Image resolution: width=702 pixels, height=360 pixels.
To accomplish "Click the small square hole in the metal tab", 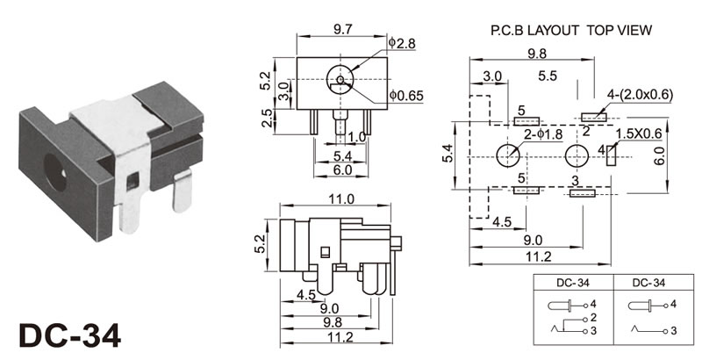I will [x=133, y=183].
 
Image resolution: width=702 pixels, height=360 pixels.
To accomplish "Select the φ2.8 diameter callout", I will [x=400, y=43].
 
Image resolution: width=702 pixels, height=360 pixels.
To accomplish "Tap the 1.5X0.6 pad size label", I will [x=639, y=133].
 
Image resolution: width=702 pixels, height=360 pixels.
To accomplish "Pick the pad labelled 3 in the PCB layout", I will [x=582, y=193].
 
